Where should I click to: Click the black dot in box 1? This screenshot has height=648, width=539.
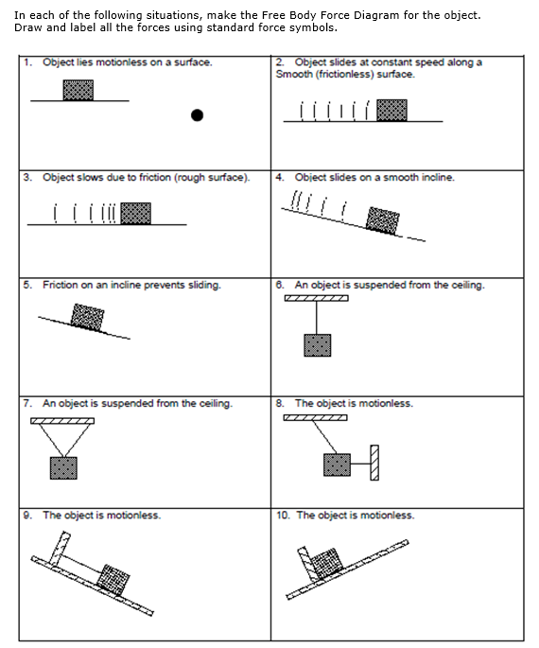coord(197,115)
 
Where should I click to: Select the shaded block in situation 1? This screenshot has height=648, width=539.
coord(78,90)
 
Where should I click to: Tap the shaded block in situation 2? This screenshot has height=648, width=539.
coord(391,110)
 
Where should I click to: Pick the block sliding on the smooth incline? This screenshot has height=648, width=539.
coord(382,220)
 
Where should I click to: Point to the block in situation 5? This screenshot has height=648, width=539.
coord(89,316)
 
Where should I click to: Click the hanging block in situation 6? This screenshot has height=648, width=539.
coord(317,345)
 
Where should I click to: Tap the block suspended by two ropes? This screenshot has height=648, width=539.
coord(62,467)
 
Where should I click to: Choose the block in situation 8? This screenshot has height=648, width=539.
coord(337,464)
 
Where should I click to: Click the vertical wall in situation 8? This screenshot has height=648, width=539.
coord(374,464)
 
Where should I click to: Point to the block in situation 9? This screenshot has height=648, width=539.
coord(113,577)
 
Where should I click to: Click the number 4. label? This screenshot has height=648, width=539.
coord(280,177)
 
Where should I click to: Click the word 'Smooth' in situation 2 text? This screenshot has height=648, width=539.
coord(292,74)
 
